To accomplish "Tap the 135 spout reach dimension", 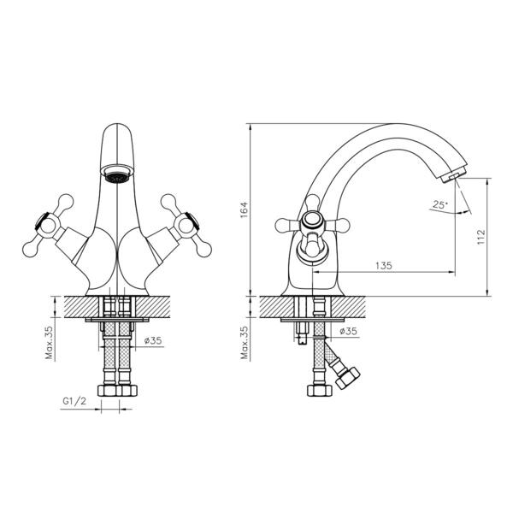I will click(384, 266).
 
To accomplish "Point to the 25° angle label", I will click(439, 205).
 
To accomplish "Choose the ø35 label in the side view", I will click(347, 331).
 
